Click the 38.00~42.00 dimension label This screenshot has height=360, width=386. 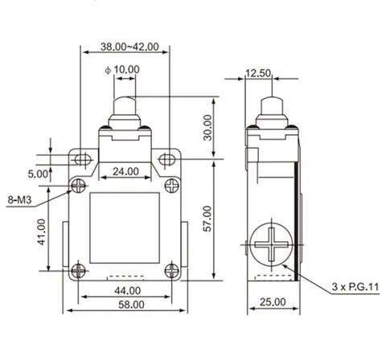[125, 47]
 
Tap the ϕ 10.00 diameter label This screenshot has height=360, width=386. [122, 70]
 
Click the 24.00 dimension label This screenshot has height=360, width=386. [125, 171]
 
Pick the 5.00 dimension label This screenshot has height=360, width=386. [37, 173]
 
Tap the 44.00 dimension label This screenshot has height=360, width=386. [125, 289]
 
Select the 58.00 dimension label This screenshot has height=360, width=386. [125, 305]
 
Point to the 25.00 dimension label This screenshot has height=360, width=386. [273, 301]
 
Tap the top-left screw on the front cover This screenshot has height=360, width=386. [79, 186]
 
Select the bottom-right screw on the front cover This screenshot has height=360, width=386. [172, 270]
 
